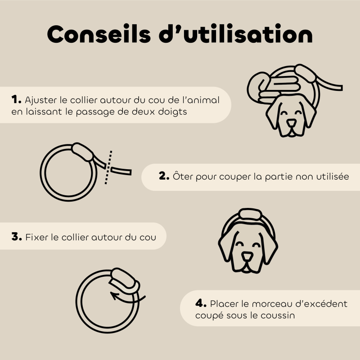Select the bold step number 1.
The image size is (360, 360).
point(17,99)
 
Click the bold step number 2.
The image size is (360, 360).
point(164,176)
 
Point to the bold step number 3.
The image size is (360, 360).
point(17,236)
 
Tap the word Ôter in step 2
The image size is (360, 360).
point(182,176)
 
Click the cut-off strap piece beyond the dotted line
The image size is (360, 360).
point(121,171)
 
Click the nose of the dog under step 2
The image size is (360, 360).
point(247,256)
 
